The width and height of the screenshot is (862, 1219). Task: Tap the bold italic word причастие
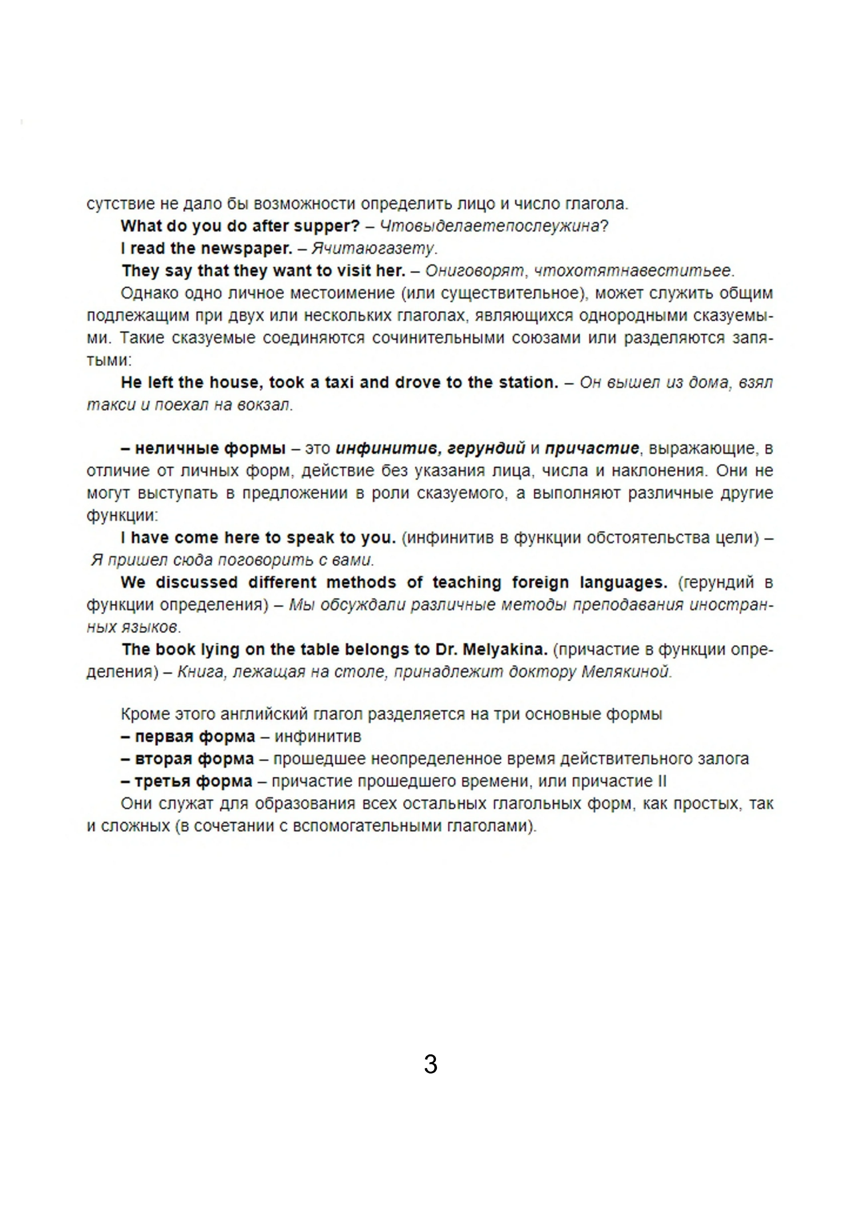click(x=592, y=449)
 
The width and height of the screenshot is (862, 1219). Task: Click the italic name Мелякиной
click(x=626, y=672)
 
